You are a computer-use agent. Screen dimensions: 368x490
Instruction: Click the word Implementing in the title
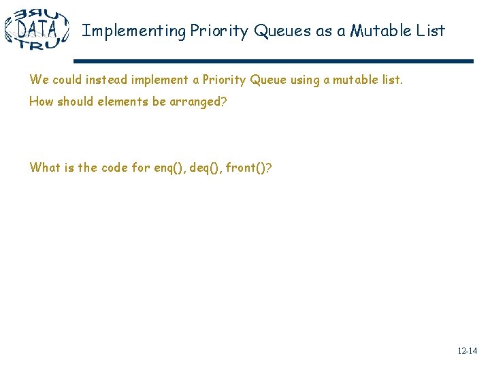click(134, 31)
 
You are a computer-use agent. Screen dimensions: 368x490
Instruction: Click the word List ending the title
click(431, 31)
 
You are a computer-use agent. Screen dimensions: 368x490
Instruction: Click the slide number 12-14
click(467, 351)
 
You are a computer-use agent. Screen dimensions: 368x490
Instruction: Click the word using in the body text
click(306, 80)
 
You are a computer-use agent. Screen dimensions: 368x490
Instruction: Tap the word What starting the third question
click(44, 168)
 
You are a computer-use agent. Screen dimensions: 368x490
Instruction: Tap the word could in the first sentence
click(68, 80)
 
